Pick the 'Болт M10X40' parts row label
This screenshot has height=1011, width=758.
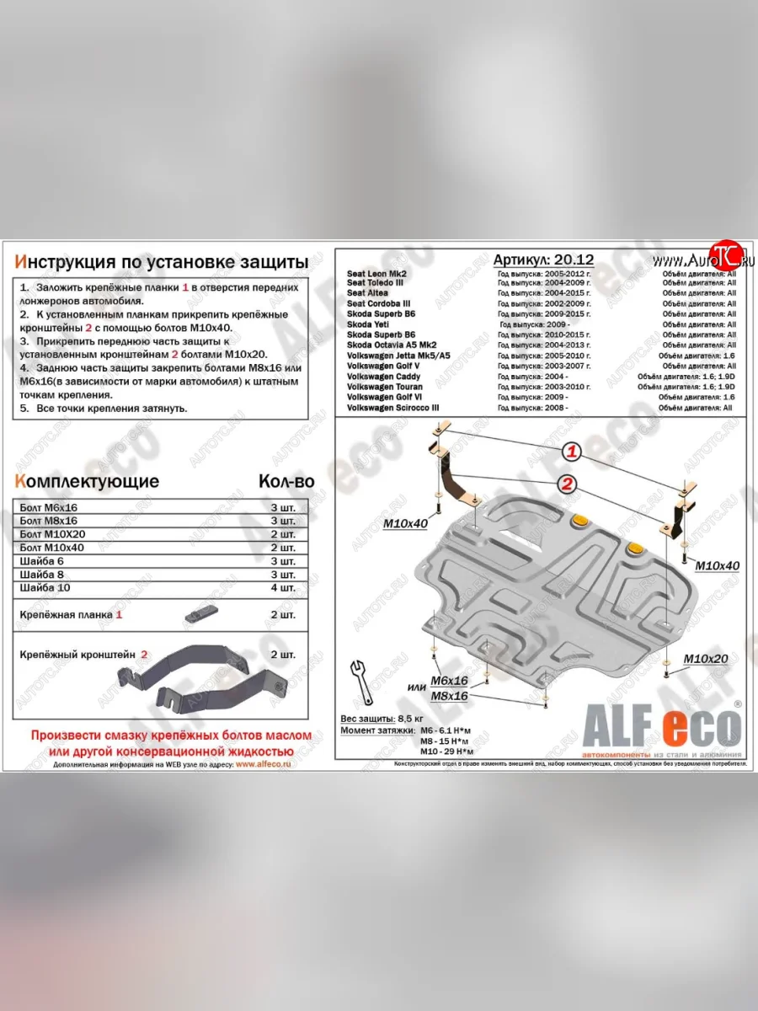(x=49, y=547)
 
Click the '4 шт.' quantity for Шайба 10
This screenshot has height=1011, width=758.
(x=284, y=587)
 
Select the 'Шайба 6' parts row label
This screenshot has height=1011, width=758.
(x=40, y=560)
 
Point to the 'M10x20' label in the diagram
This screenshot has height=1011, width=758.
(x=705, y=659)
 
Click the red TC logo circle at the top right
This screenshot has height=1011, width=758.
(x=723, y=254)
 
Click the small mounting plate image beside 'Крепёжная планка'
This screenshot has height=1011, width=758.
(x=203, y=613)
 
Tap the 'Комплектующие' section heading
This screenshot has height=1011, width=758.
(x=87, y=482)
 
